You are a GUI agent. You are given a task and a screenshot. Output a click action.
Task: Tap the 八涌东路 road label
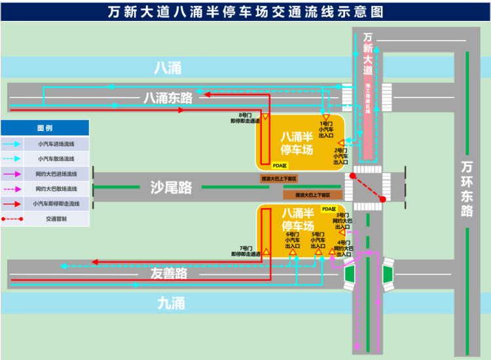coord(168,98)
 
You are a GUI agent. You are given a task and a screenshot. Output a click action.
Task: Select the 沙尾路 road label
coord(171,188)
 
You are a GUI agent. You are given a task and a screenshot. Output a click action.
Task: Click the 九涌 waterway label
coord(171,302)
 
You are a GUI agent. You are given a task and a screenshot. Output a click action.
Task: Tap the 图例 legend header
coord(45,128)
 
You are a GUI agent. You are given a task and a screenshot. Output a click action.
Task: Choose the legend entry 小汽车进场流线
coord(56,144)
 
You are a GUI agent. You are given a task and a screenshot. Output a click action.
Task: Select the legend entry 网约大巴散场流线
coord(56,189)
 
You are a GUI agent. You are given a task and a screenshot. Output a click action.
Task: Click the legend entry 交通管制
coord(56,219)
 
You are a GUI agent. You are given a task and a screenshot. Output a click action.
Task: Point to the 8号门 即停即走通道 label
coord(245,118)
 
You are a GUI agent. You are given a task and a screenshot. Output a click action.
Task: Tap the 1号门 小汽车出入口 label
coord(326,129)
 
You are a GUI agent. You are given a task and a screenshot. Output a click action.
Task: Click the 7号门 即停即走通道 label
coord(246,251)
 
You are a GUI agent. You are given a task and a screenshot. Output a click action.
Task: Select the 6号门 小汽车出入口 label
coord(293,240)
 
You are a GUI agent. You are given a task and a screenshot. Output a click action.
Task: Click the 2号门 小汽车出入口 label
coord(340,156)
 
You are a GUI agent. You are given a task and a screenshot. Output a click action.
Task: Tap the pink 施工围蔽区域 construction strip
coord(368,118)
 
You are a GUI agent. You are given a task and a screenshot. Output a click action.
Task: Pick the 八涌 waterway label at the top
coord(168,68)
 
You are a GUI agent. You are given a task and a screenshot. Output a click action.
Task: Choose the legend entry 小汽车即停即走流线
coord(56,204)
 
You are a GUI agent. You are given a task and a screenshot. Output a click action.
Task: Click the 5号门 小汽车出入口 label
coord(319,240)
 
